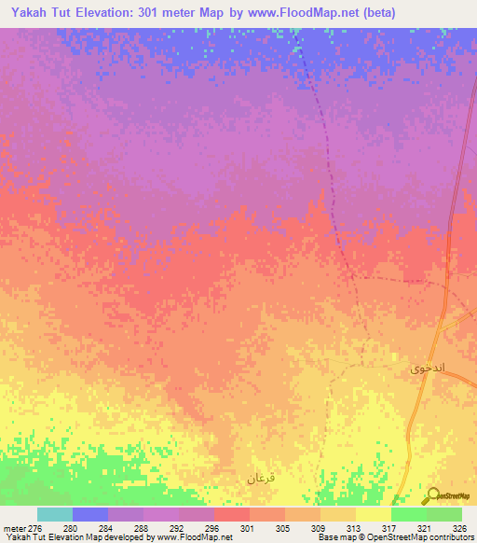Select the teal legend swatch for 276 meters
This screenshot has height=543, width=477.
coord(55,514)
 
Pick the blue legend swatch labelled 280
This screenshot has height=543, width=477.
coord(90,514)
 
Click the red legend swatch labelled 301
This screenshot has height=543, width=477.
coord(232,514)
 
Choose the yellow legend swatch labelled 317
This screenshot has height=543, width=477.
coord(374,514)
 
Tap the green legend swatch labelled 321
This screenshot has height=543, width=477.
coord(409,514)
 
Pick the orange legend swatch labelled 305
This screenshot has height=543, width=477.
coord(267,514)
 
